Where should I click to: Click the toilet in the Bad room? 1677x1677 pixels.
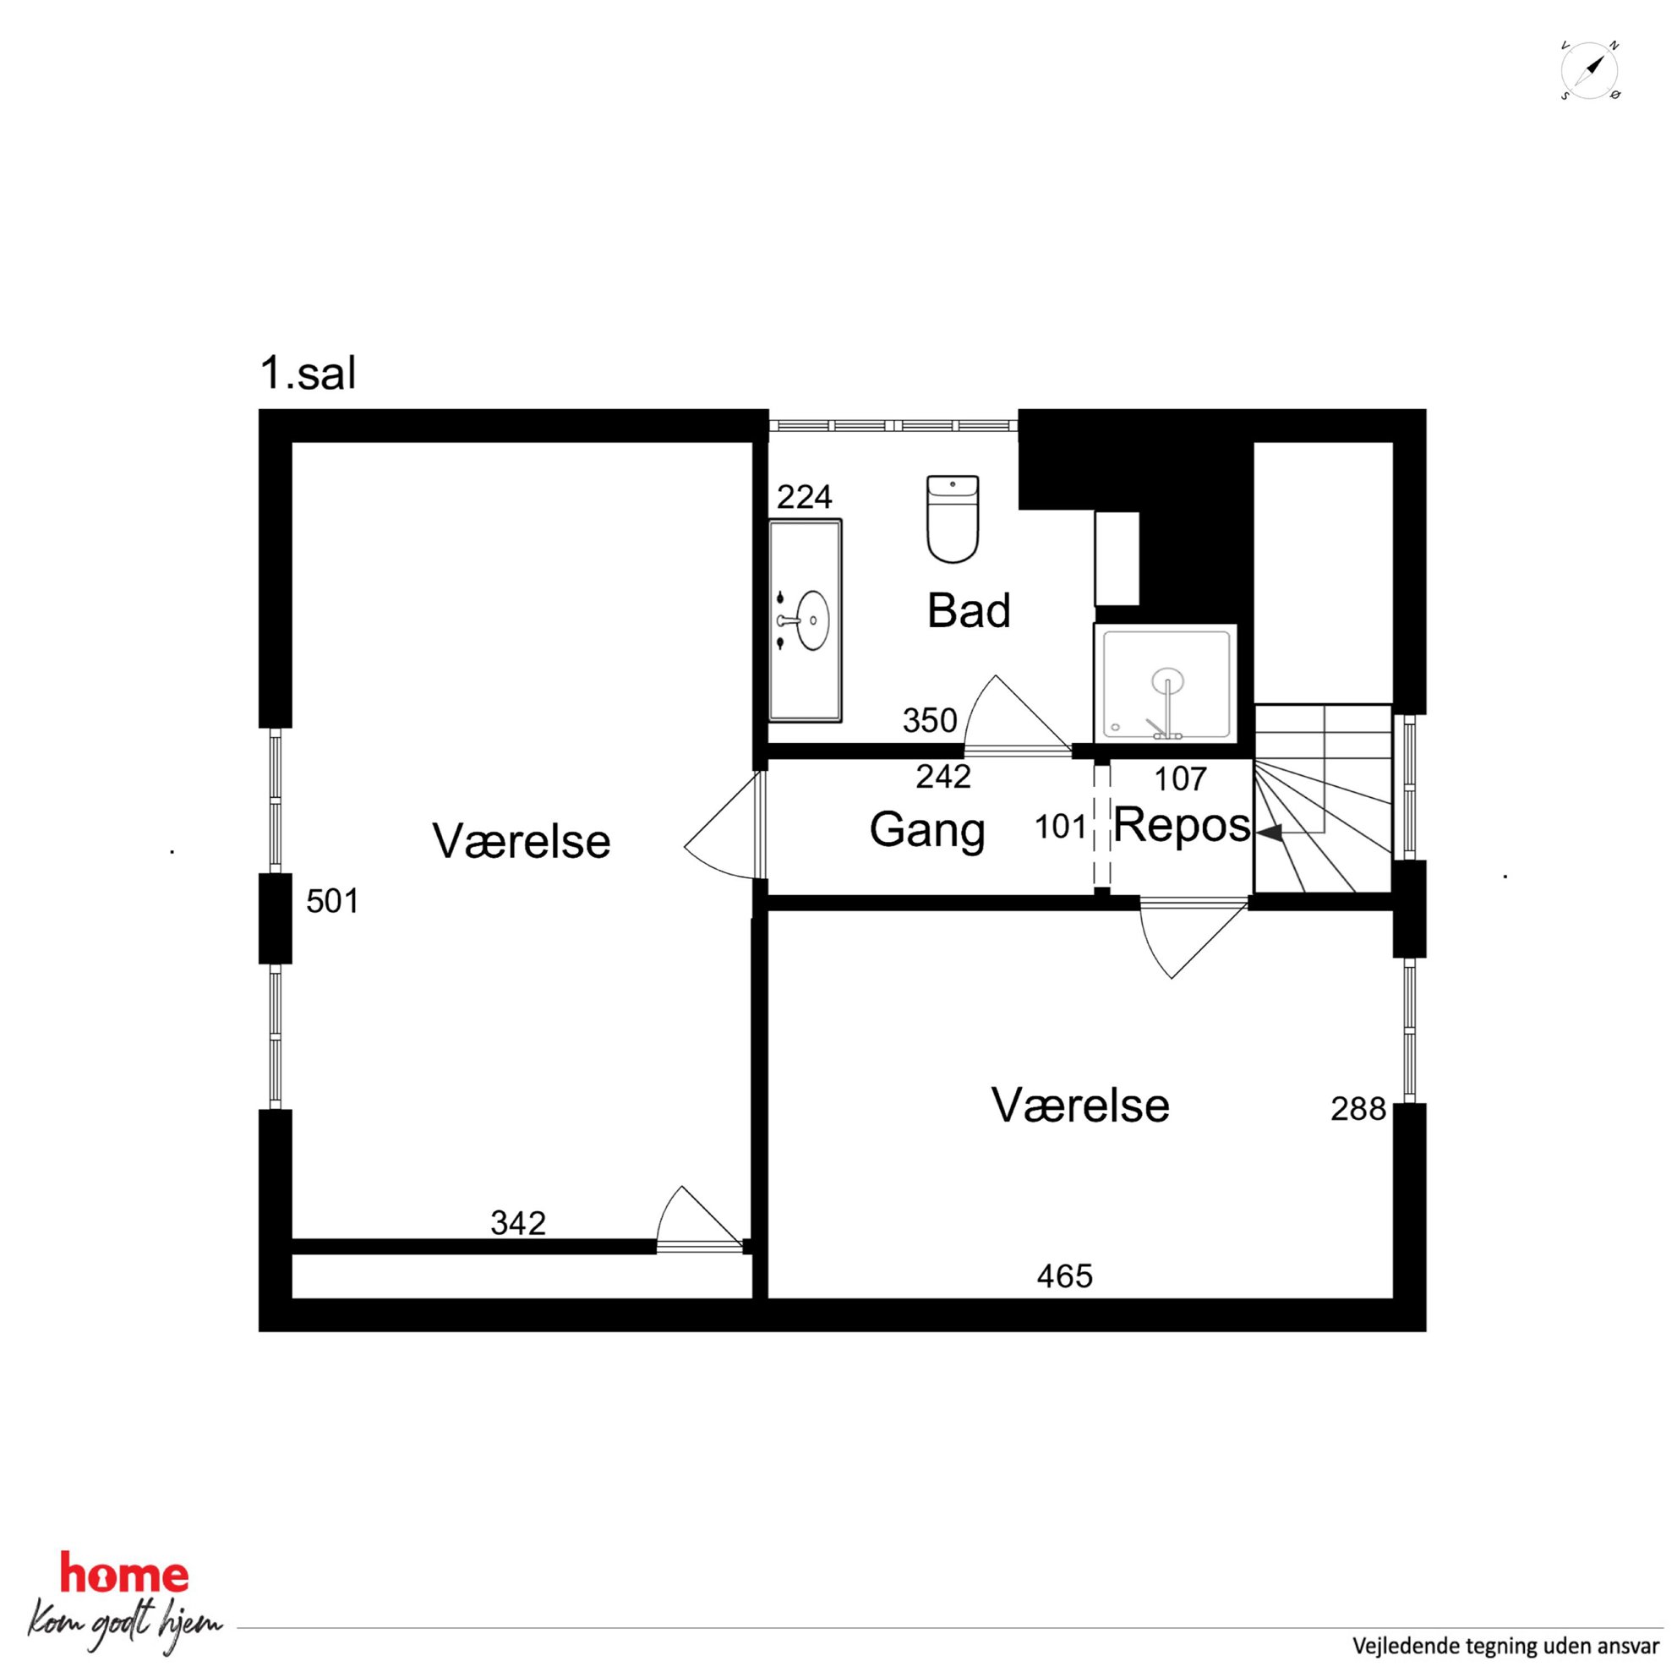point(953,518)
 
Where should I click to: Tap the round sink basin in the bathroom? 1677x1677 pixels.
point(812,620)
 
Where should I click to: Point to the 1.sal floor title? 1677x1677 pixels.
point(309,374)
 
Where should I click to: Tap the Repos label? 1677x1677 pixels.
point(1182,826)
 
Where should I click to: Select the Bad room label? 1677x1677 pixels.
point(969,610)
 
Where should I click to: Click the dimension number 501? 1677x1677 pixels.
point(332,902)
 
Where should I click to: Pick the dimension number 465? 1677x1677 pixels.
point(1065,1276)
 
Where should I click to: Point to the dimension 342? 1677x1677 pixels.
point(518,1223)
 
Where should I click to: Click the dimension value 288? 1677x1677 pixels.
point(1358,1109)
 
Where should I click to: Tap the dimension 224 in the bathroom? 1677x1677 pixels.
point(805,497)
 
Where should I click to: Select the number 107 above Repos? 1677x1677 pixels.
point(1181,779)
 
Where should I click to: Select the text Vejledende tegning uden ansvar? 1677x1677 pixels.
point(1506,1646)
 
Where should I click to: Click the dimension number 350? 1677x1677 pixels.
point(930,720)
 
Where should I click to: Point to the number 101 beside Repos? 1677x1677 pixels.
point(1061,828)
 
